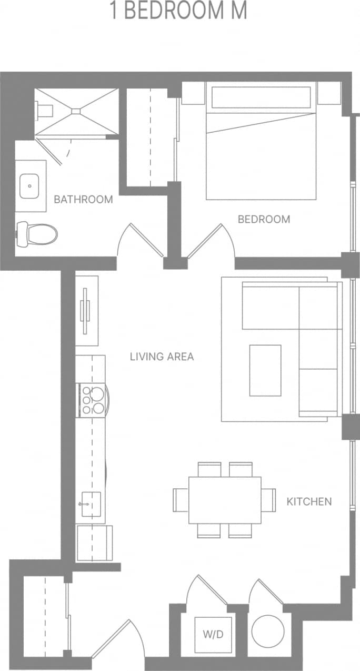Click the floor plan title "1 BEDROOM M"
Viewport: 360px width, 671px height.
(x=178, y=11)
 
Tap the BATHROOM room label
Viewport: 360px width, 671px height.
(x=83, y=200)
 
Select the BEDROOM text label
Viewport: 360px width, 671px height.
(x=264, y=219)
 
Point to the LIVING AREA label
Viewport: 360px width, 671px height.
(x=162, y=357)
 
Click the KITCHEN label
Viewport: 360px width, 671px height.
(x=309, y=501)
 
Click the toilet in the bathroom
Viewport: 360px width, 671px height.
(x=38, y=234)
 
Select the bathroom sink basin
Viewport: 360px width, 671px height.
(x=31, y=185)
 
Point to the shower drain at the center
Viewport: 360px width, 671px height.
(x=76, y=111)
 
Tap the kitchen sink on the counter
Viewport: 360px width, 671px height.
(x=90, y=504)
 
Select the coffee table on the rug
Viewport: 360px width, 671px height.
(x=265, y=370)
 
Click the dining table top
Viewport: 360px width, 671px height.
(x=225, y=500)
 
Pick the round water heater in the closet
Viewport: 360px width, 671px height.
(x=268, y=631)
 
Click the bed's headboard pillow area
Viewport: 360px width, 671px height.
(x=261, y=97)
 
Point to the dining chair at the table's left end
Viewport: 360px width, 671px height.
(x=181, y=499)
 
